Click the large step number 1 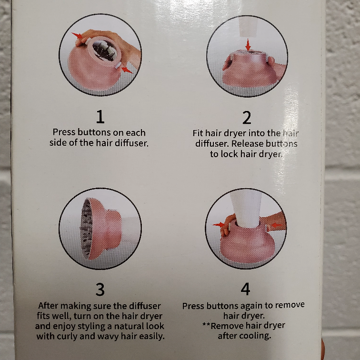click(100, 117)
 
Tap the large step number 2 click(247, 117)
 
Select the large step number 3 click(100, 289)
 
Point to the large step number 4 click(245, 289)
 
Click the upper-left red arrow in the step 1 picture click(77, 35)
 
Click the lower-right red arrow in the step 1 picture click(127, 70)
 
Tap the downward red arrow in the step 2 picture click(248, 45)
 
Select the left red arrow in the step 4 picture click(219, 225)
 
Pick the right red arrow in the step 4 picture click(277, 225)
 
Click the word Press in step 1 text click(64, 132)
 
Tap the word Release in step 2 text click(247, 143)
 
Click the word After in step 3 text click(48, 306)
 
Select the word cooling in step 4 click(254, 336)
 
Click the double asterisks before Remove click(206, 325)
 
